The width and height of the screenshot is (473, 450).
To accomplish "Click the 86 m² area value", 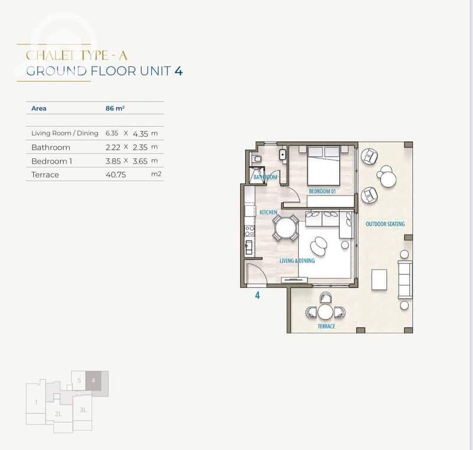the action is tap(115, 108).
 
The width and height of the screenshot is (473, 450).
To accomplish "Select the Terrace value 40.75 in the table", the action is tap(115, 175).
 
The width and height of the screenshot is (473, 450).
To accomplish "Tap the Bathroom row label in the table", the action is tap(51, 147).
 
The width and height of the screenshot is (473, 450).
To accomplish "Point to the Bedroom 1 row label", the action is tap(51, 161).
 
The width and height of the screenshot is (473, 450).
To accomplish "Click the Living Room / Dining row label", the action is tap(65, 133).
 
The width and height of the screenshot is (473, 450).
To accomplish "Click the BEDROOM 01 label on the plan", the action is tap(322, 191).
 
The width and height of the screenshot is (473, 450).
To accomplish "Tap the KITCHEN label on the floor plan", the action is tap(268, 213).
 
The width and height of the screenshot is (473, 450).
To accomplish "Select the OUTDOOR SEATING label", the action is tap(385, 224).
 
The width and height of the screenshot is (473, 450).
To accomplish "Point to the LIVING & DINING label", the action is tap(297, 260).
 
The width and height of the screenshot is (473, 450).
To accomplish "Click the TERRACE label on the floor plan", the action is tap(326, 326).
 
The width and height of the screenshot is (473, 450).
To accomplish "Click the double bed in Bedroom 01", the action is tap(323, 166).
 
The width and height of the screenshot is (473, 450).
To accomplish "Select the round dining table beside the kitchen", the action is tap(286, 228).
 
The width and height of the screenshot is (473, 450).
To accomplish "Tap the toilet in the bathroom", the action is tap(256, 158).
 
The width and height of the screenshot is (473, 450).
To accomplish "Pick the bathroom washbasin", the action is tap(283, 155).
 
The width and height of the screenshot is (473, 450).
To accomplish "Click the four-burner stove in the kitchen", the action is tap(250, 231).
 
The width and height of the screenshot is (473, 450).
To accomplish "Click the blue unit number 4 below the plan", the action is tap(257, 295).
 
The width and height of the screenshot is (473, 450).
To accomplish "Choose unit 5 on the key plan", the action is tap(79, 380).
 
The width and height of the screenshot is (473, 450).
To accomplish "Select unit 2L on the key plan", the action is tap(58, 414).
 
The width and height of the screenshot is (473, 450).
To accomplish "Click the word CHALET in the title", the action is tap(50, 56).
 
